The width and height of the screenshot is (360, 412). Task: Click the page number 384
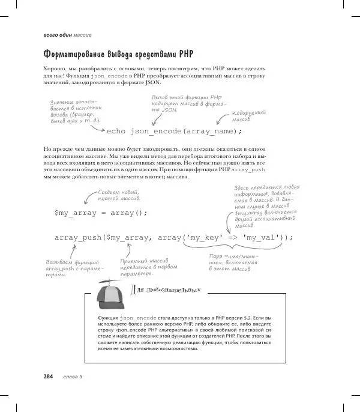click(49, 377)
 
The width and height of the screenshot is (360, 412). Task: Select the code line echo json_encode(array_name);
click(174, 132)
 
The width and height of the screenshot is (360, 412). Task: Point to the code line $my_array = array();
click(101, 213)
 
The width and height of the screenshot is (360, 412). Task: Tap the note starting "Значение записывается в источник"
click(76, 111)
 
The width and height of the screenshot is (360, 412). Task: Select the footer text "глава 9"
click(73, 377)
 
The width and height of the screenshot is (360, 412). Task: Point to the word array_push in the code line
click(77, 237)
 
